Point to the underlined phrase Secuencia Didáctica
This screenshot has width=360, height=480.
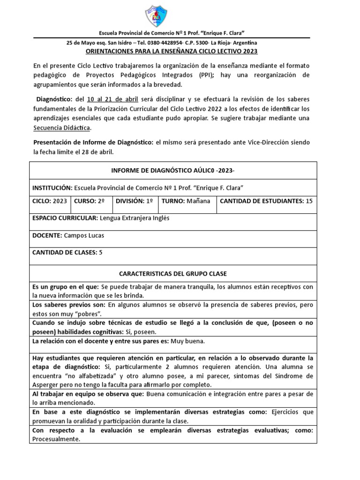coord(62,127)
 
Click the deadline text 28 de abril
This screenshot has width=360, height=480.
coord(96,152)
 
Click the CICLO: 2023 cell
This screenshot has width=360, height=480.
coord(50,201)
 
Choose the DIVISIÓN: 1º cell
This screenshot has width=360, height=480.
coord(134,201)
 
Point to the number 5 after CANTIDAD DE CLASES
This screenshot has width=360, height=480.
coord(100,252)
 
